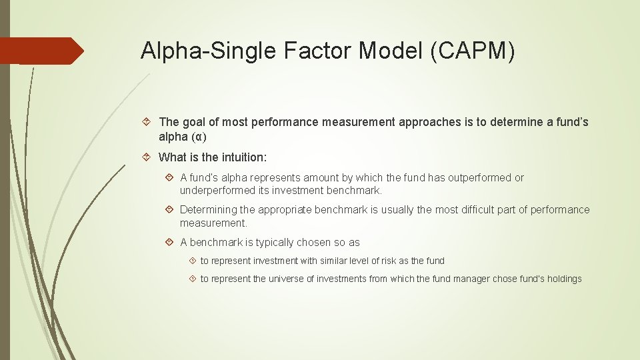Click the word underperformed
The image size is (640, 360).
point(217,191)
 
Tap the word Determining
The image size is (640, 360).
point(209,210)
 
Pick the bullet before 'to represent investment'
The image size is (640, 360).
point(192,261)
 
